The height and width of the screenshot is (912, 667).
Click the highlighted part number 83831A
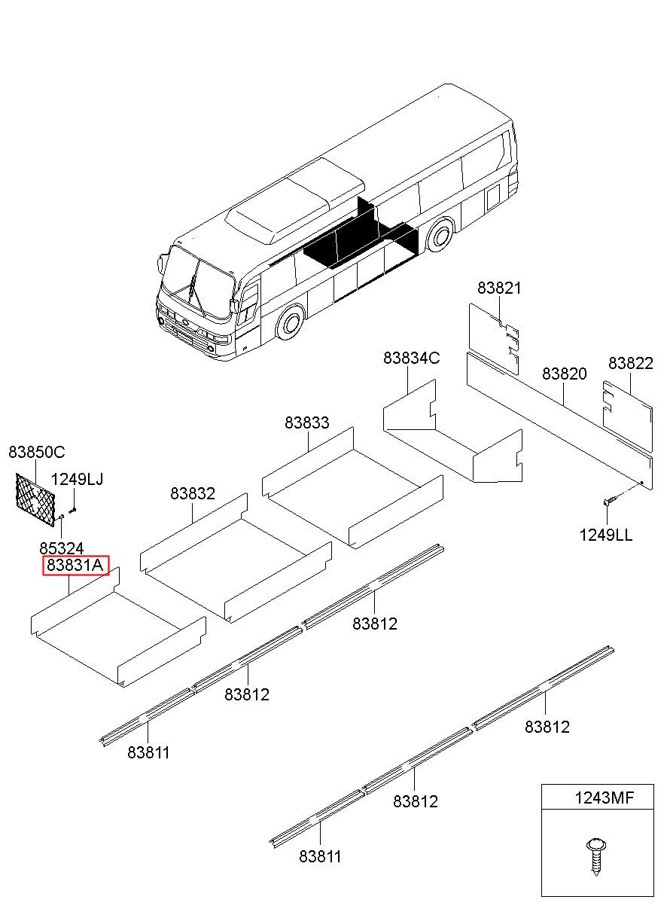pos(76,565)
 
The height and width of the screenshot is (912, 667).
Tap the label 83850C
pos(36,452)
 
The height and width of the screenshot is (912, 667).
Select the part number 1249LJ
pos(78,479)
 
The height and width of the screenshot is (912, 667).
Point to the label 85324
pos(62,548)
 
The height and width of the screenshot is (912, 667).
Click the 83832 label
pos(193,493)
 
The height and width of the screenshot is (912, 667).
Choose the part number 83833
pos(307,422)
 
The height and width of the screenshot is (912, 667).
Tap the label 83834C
pos(411,358)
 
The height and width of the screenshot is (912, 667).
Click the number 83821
pos(499,288)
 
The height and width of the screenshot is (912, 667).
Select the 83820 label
pos(565,374)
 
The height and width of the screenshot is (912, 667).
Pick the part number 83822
pos(631,363)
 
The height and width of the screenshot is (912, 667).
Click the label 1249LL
pos(606,535)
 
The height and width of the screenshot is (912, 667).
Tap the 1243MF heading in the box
pos(604,798)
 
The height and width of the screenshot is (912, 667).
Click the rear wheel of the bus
pos(440,236)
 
